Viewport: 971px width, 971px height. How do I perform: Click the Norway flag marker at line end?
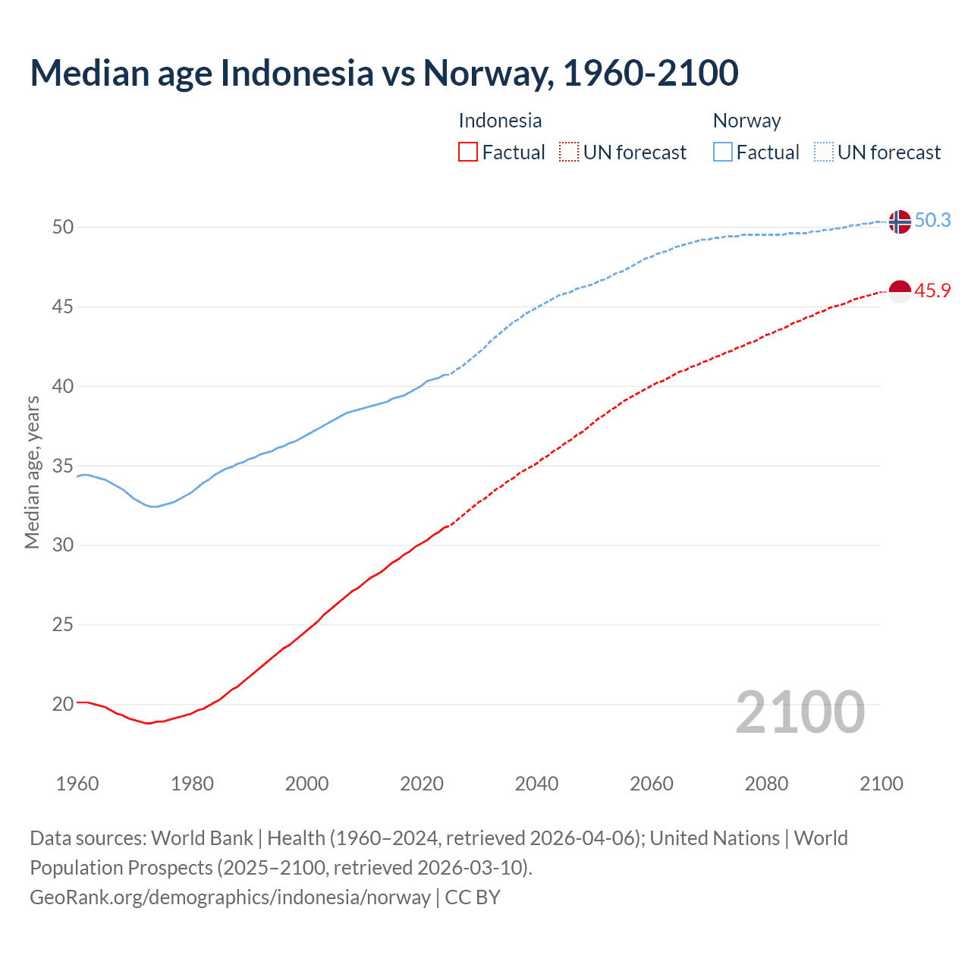point(899,222)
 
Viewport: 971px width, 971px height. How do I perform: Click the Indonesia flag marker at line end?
point(899,291)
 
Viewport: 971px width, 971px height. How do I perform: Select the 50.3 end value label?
point(932,220)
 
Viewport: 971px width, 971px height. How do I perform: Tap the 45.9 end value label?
point(932,291)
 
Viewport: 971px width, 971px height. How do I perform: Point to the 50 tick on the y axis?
point(63,227)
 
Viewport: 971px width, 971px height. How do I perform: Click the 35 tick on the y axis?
point(63,466)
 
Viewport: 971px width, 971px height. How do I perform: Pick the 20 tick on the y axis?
point(63,704)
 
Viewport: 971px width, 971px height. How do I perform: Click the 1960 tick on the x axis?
point(77,784)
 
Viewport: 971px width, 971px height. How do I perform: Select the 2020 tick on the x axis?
point(422,784)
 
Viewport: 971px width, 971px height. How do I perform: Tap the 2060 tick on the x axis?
point(652,784)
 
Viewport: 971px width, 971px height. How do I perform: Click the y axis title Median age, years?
point(32,472)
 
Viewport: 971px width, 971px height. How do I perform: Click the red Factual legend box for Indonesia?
point(468,152)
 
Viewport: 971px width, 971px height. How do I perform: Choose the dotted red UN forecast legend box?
point(569,152)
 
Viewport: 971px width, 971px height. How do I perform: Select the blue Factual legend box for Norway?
point(723,152)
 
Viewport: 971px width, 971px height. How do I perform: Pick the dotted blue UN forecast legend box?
point(823,152)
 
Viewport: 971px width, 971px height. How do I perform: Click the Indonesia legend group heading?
point(500,121)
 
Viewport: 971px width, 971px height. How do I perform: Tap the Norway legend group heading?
point(746,121)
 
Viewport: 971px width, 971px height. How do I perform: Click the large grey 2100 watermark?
point(800,712)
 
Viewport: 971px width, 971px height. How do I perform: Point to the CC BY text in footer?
point(473,897)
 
